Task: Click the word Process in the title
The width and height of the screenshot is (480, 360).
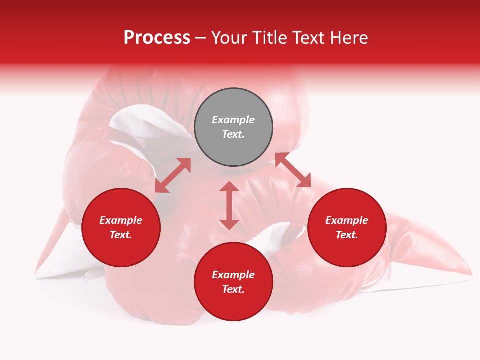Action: coord(157,38)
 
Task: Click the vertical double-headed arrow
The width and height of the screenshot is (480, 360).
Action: coord(229,205)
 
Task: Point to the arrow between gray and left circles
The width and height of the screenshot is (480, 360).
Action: coord(173,175)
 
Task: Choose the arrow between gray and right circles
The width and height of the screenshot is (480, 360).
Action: coord(293,170)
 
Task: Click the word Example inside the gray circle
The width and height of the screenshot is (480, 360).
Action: coord(233,120)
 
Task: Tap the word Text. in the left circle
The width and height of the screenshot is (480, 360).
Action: coord(121,235)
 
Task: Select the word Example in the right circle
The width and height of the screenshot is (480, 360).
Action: coord(347,220)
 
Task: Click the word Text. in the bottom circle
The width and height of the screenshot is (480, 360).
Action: coord(233,289)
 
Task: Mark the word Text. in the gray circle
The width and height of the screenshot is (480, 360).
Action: coord(233,134)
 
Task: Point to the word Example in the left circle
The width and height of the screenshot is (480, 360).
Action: coord(121,220)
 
